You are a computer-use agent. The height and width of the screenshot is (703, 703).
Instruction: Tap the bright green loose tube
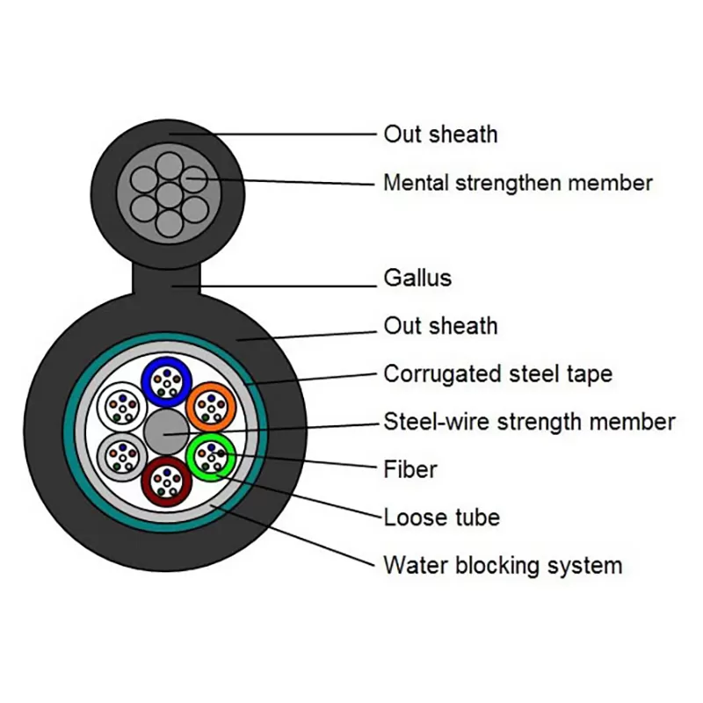pyautogui.click(x=211, y=455)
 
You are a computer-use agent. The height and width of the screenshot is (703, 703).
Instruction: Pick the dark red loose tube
pyautogui.click(x=165, y=480)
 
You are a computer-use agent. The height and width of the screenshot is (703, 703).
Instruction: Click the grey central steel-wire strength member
pyautogui.click(x=165, y=431)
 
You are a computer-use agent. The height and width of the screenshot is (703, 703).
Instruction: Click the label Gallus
pyautogui.click(x=417, y=279)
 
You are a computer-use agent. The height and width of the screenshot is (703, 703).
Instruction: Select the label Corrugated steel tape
pyautogui.click(x=497, y=373)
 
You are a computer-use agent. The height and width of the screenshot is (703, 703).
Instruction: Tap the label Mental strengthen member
pyautogui.click(x=518, y=183)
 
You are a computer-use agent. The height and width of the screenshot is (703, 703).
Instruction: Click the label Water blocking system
pyautogui.click(x=502, y=565)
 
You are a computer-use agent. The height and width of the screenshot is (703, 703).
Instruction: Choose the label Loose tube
pyautogui.click(x=441, y=517)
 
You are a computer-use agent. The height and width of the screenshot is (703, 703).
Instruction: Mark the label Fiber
pyautogui.click(x=410, y=469)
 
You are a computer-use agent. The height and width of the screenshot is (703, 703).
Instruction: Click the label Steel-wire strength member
pyautogui.click(x=529, y=422)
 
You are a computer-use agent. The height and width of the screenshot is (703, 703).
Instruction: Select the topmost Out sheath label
pyautogui.click(x=440, y=134)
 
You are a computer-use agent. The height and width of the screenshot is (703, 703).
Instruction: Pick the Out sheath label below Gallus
pyautogui.click(x=440, y=326)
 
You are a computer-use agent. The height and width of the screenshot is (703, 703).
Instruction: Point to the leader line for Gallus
pyautogui.click(x=290, y=285)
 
